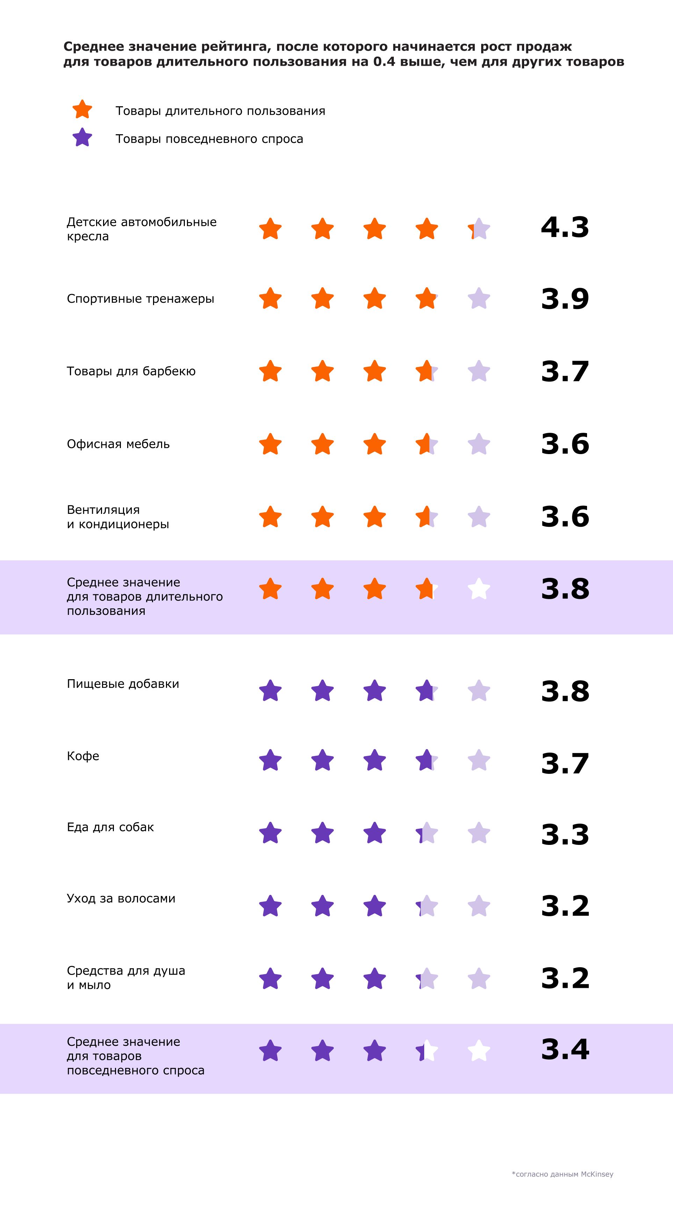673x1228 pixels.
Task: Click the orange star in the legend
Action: pyautogui.click(x=82, y=110)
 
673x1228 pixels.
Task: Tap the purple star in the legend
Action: pyautogui.click(x=82, y=138)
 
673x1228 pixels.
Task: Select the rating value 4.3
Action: pyautogui.click(x=565, y=228)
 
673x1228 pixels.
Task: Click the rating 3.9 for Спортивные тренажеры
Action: pyautogui.click(x=565, y=299)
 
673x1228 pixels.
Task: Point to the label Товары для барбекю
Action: pyautogui.click(x=131, y=371)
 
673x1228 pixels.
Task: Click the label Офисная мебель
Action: pyautogui.click(x=118, y=444)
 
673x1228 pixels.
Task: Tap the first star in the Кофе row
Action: pyautogui.click(x=270, y=760)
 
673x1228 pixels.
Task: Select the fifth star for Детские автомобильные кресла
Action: pyautogui.click(x=479, y=229)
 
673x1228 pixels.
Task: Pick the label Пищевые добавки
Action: pyautogui.click(x=123, y=684)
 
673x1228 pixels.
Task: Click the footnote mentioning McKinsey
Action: pyautogui.click(x=563, y=1174)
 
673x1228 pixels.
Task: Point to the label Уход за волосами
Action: pyautogui.click(x=121, y=899)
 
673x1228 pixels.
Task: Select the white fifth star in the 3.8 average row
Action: pyautogui.click(x=479, y=589)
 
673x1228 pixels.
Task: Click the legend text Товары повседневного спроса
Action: pyautogui.click(x=209, y=139)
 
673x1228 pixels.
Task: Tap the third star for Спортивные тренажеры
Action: pyautogui.click(x=375, y=299)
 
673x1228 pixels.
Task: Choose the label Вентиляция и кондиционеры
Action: pyautogui.click(x=118, y=517)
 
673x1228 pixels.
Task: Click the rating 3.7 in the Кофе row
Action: pyautogui.click(x=565, y=763)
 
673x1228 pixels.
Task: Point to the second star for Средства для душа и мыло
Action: pyautogui.click(x=322, y=979)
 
